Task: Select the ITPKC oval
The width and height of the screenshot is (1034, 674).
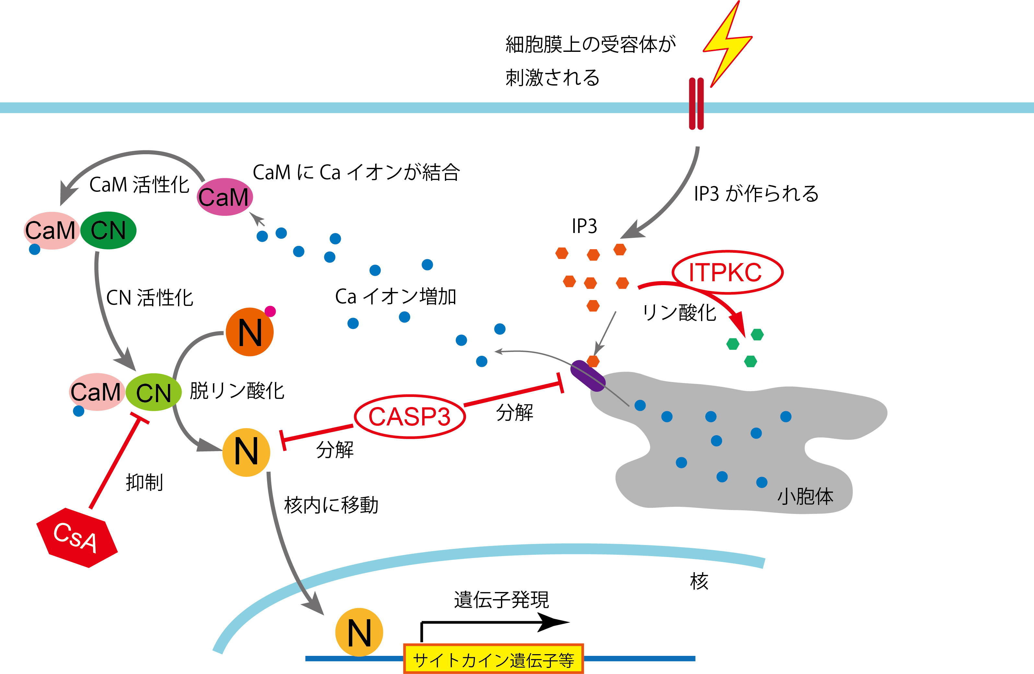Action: [x=727, y=272]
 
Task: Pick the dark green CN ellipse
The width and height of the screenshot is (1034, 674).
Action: [x=108, y=230]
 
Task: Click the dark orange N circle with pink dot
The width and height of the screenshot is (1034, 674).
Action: [x=249, y=332]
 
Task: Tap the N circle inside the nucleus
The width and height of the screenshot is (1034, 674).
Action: [x=359, y=632]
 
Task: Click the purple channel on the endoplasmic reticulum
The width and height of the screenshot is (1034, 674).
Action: [x=588, y=376]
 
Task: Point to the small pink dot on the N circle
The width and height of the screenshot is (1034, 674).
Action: [x=270, y=311]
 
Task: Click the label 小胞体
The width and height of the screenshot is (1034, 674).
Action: [x=805, y=496]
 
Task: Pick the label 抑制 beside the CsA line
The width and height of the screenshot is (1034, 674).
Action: [x=144, y=482]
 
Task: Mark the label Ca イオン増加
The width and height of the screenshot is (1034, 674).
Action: [x=395, y=296]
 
